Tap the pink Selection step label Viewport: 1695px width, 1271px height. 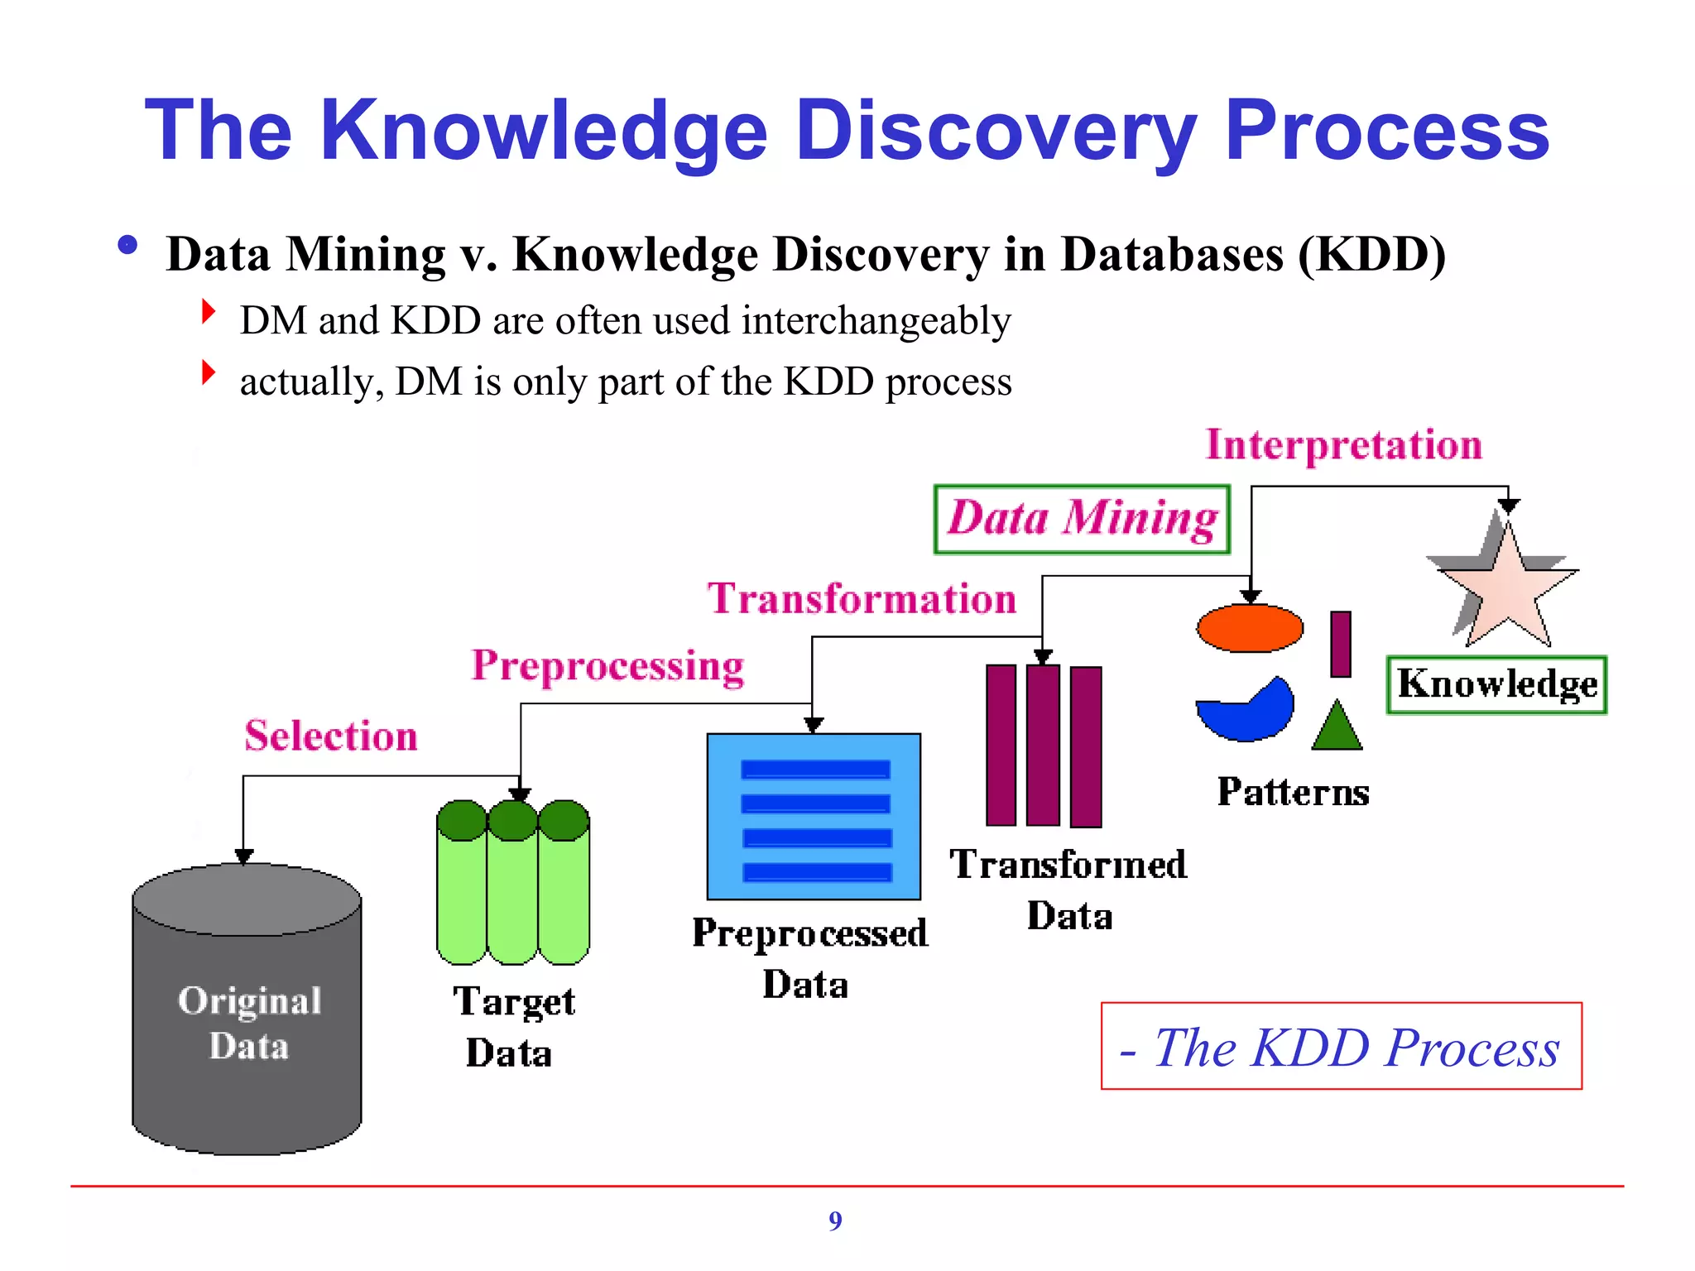331,736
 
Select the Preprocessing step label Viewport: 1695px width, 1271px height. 607,666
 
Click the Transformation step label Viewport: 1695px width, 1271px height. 862,598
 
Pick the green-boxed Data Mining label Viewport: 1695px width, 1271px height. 1082,519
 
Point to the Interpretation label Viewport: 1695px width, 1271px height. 1343,445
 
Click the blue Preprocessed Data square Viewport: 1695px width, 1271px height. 814,816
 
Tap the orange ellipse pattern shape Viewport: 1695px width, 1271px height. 1250,628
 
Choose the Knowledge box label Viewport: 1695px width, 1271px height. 1496,684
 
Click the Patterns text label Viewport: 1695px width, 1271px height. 1293,792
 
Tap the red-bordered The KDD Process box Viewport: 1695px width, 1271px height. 1341,1047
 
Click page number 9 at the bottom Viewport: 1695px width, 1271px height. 835,1221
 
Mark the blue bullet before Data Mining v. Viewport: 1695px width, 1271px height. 127,245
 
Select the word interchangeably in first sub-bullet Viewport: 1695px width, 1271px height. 876,321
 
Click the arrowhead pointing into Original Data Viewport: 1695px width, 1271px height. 243,856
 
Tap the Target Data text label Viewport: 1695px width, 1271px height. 513,1026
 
